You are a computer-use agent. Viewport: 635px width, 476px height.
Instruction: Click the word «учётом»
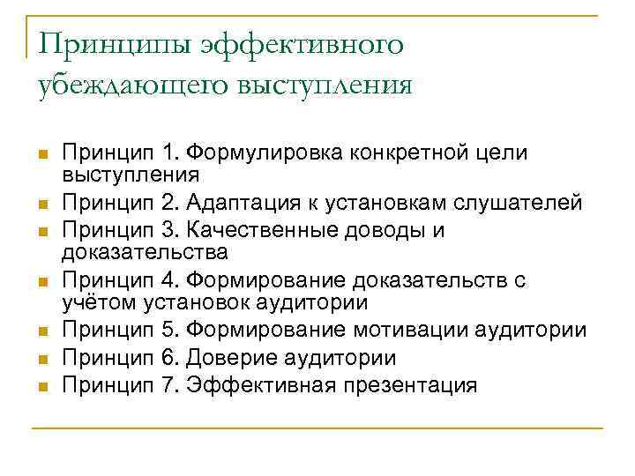96,302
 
